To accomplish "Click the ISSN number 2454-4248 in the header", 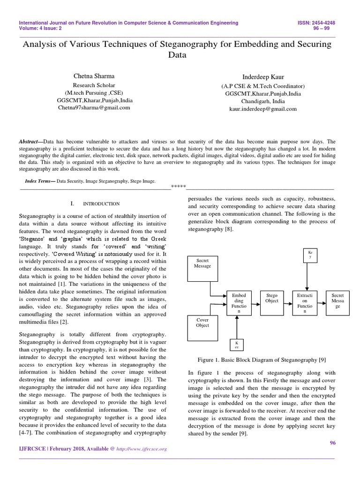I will coord(322,22).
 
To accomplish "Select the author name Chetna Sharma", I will coord(93,75).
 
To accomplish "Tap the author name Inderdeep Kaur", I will coord(262,76).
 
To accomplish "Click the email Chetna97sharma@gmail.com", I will coord(94,107).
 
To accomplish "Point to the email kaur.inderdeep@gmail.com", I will coord(262,109).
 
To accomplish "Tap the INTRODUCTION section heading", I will coord(101,204).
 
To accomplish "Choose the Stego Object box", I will coord(272,303).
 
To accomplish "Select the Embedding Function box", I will coord(239,304).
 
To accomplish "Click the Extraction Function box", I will coord(306,304).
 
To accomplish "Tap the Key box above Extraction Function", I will coord(310,257).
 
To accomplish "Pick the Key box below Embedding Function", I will coord(237,345).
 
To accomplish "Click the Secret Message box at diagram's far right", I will coord(337,304).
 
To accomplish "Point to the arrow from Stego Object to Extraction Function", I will coord(289,304).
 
